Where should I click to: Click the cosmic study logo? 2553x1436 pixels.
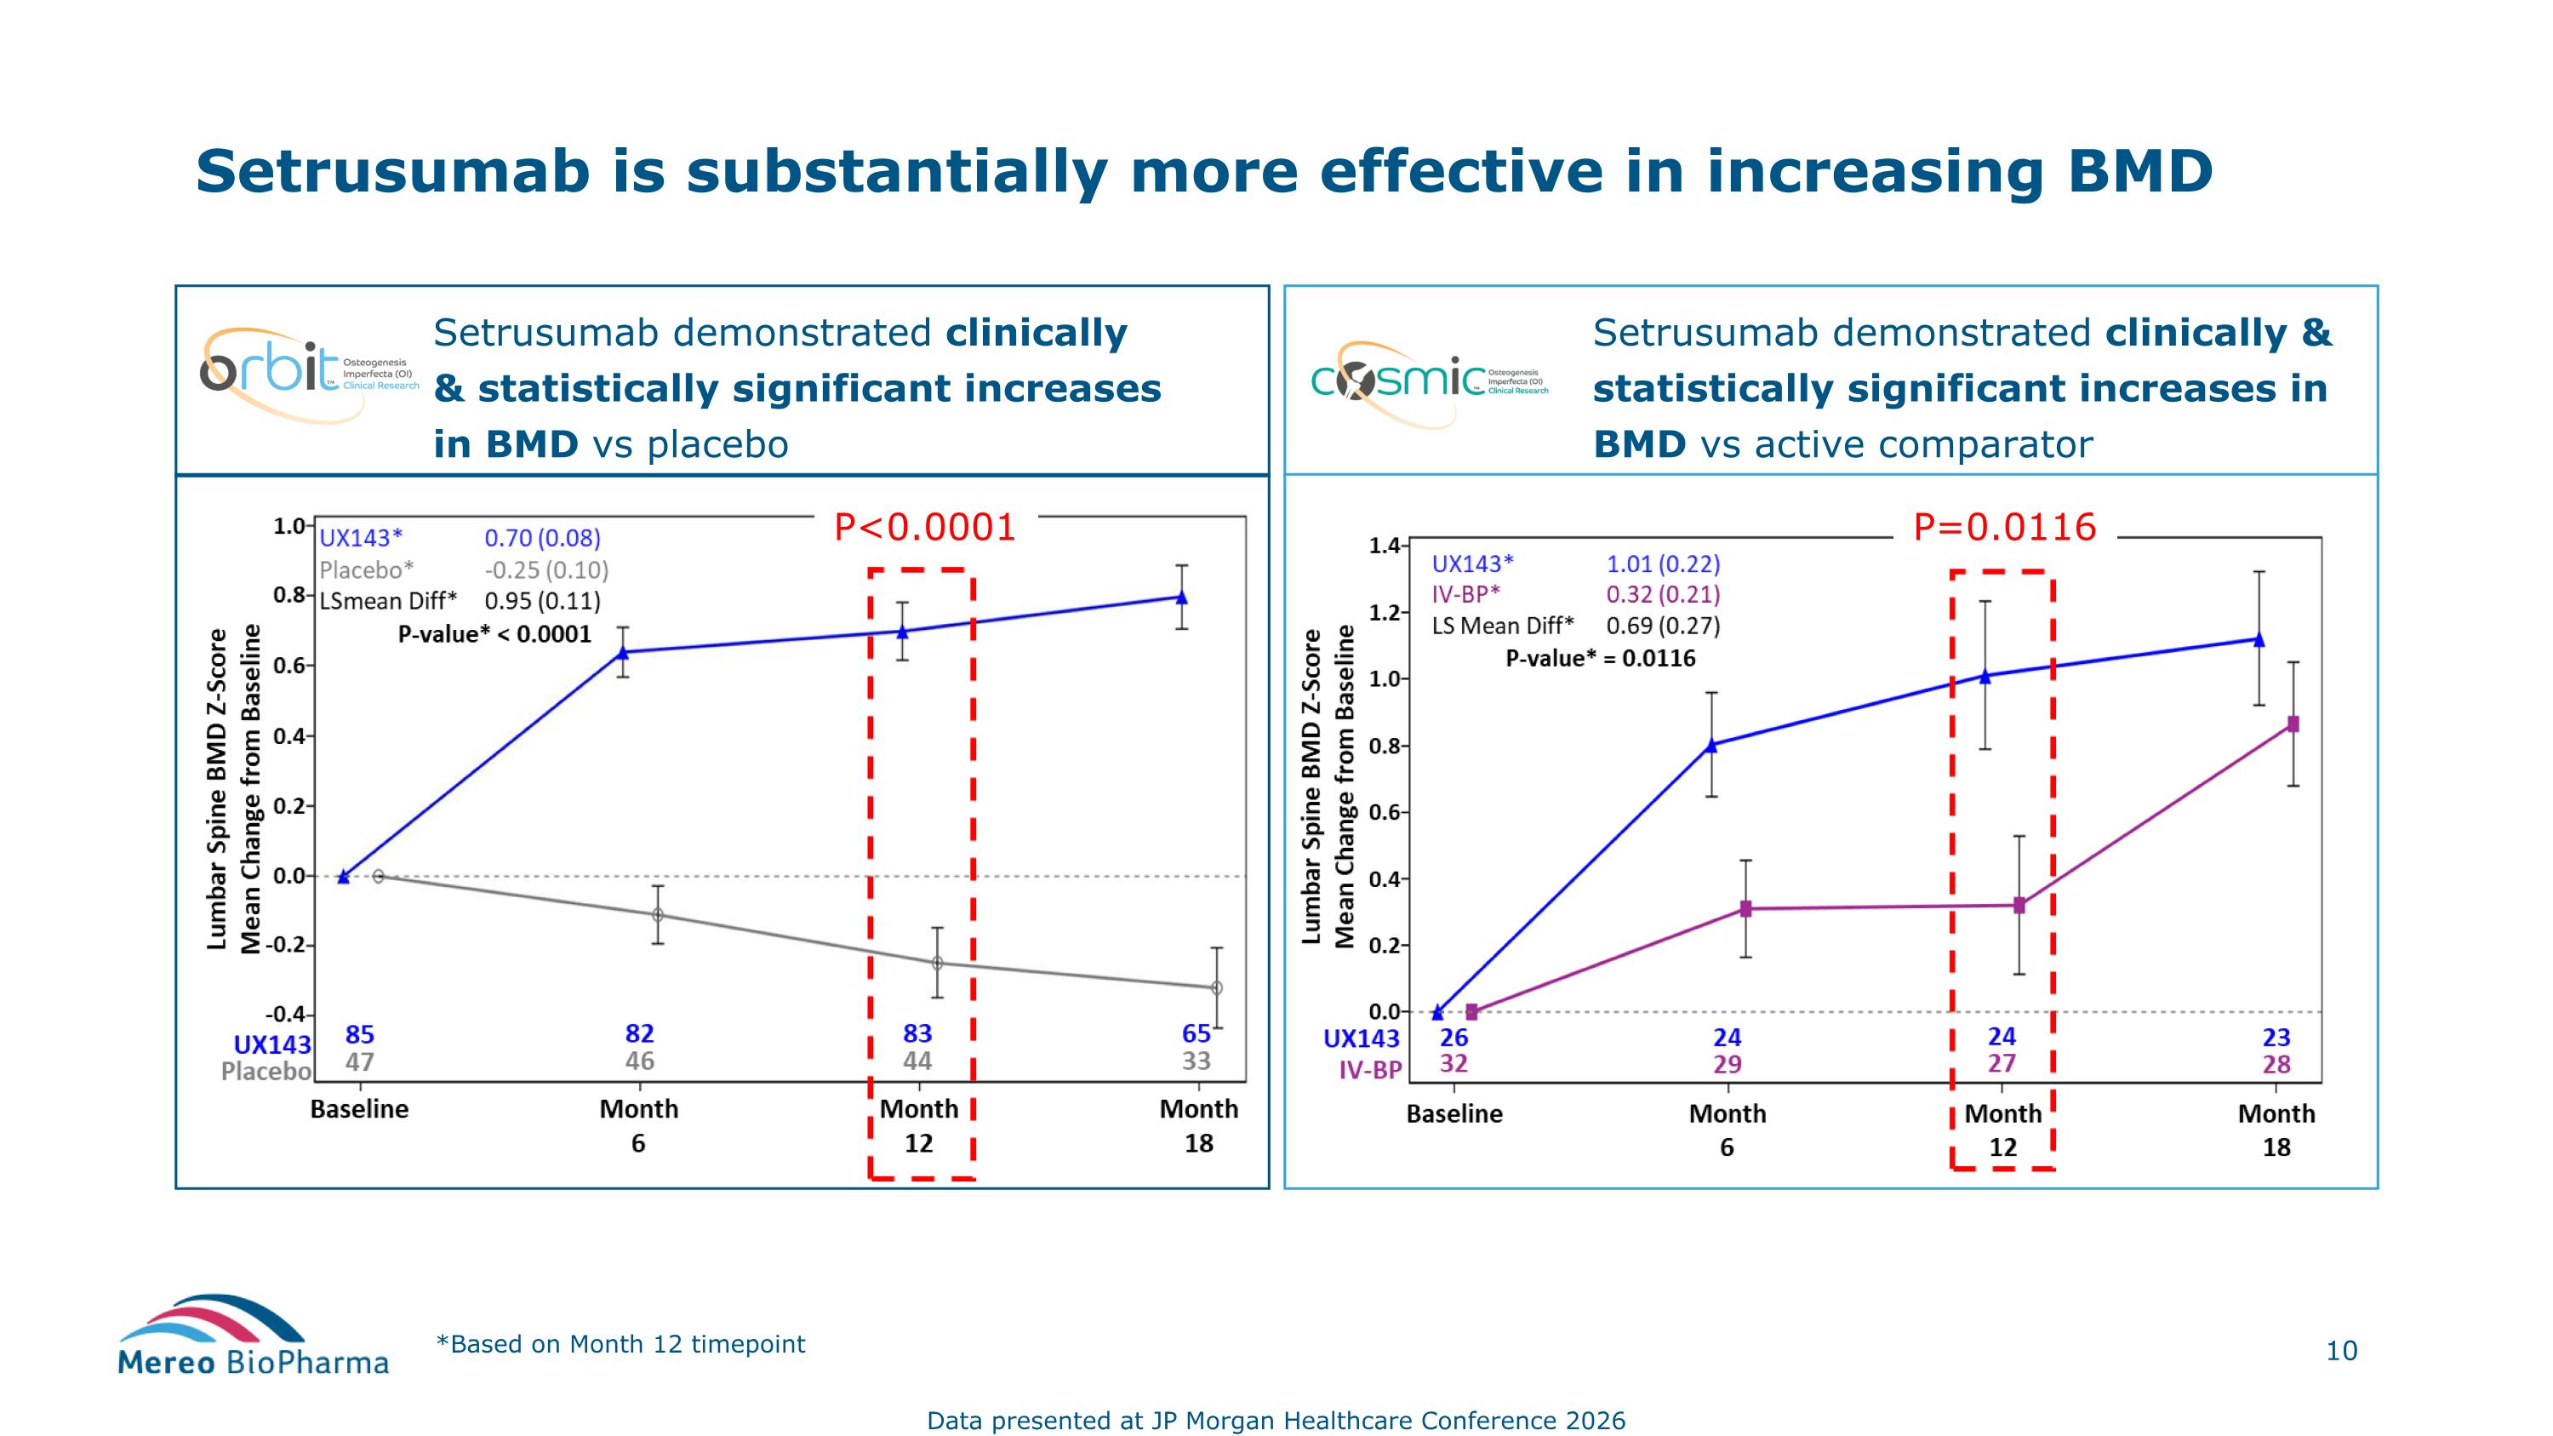pos(1427,381)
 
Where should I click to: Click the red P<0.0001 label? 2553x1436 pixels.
pos(925,527)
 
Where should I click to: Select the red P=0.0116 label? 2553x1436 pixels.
pos(2004,527)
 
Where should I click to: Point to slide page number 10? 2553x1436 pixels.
pos(2341,1351)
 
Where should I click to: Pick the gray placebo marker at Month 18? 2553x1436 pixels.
pos(1217,988)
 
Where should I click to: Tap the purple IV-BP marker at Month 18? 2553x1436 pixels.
pos(2293,724)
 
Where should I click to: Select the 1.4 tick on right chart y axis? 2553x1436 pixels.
pos(1384,546)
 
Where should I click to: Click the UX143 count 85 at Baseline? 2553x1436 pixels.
pos(360,1034)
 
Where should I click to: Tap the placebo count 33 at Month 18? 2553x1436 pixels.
pos(1197,1061)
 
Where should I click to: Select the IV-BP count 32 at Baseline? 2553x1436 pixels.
pos(1454,1064)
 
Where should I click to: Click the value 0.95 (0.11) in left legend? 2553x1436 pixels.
pos(542,602)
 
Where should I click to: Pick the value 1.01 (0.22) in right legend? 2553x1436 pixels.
pos(1663,564)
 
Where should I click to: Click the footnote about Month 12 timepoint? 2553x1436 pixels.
pos(620,1345)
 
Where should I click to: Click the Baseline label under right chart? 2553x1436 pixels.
pos(1454,1114)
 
